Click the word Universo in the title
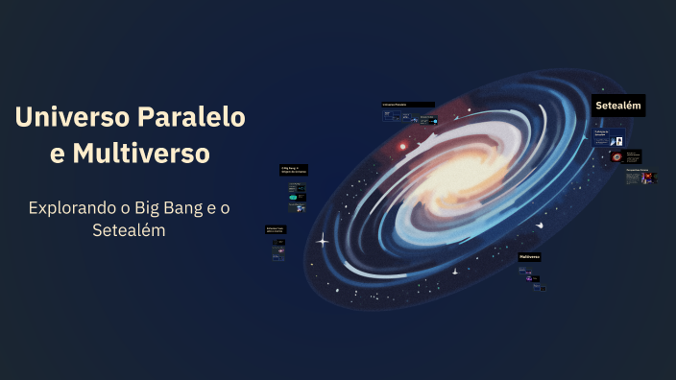coord(72,118)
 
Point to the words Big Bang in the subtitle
coord(173,207)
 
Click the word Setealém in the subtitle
coord(130,230)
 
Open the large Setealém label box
coord(617,106)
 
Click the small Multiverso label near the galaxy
coord(530,257)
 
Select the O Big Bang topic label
coord(293,170)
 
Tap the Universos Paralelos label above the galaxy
coord(407,104)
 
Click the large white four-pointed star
coord(323,240)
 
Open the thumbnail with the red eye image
coord(617,156)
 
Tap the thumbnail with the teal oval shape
coord(294,198)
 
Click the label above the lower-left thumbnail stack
coord(276,229)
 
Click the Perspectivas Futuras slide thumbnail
coord(639,177)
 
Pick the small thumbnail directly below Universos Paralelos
coord(392,116)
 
